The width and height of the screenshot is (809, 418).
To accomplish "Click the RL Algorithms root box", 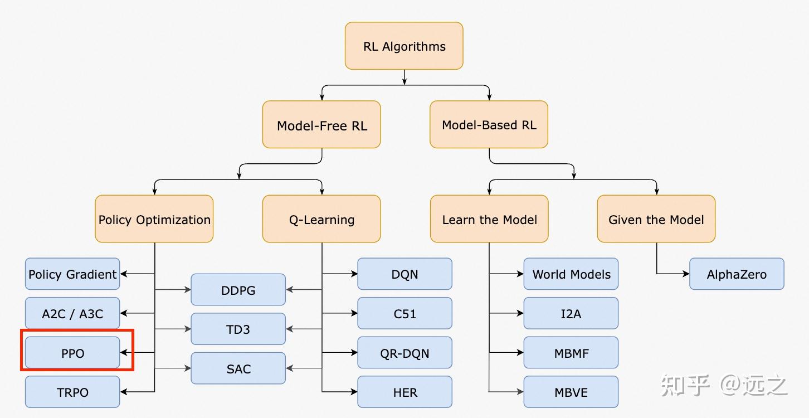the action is click(404, 46).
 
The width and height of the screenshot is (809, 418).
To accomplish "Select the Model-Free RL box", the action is click(321, 124).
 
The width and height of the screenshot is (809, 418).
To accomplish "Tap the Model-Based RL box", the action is click(489, 124).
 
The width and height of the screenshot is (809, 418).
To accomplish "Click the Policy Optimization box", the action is click(154, 218).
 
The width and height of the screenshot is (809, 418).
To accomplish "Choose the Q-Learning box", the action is click(321, 218).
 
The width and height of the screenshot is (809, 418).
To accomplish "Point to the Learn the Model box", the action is click(489, 218).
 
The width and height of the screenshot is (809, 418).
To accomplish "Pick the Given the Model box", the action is click(656, 218).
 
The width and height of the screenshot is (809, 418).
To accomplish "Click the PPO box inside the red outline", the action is click(72, 352).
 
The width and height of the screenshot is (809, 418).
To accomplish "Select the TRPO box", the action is click(72, 392).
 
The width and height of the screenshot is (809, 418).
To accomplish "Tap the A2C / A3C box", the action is click(72, 313).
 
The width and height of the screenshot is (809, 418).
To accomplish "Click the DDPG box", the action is click(238, 289).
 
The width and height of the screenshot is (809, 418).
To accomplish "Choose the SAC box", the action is click(238, 368).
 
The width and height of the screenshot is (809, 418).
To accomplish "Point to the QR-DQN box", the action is click(405, 352).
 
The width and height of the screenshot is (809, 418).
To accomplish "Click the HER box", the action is click(405, 392).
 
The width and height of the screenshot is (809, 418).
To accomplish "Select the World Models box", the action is click(571, 274).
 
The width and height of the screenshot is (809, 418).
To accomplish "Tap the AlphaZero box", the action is click(737, 274).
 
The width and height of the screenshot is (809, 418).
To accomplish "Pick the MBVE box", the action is click(571, 392).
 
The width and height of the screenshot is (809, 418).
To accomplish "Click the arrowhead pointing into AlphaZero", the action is click(686, 274).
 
